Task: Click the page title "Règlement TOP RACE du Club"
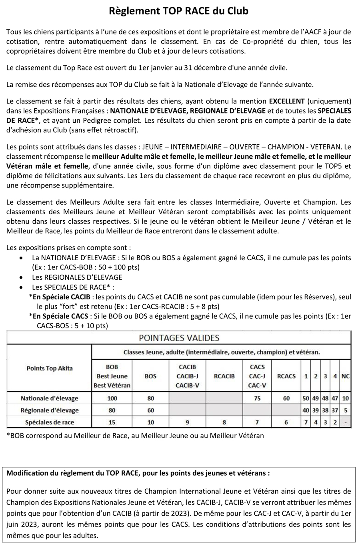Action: pyautogui.click(x=179, y=11)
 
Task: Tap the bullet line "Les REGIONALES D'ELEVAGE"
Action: pyautogui.click(x=77, y=277)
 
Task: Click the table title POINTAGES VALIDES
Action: pyautogui.click(x=179, y=338)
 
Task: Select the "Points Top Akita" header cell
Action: pyautogui.click(x=50, y=368)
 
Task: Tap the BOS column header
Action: pyautogui.click(x=150, y=376)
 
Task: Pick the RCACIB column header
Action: pyautogui.click(x=224, y=376)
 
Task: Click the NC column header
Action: pyautogui.click(x=346, y=376)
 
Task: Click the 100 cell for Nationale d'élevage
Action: pyautogui.click(x=112, y=398)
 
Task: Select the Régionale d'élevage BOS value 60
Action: pyautogui.click(x=150, y=410)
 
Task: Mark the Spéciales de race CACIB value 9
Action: pyautogui.click(x=187, y=422)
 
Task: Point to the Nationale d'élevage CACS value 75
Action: pyautogui.click(x=257, y=398)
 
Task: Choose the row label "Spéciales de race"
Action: pyautogui.click(x=50, y=422)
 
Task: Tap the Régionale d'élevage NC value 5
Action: pyautogui.click(x=346, y=410)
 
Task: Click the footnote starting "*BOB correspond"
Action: pyautogui.click(x=135, y=436)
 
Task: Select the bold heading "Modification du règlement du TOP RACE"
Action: pyautogui.click(x=138, y=473)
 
